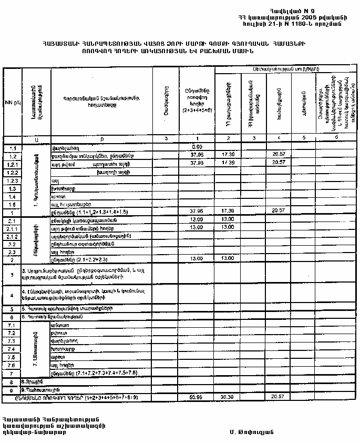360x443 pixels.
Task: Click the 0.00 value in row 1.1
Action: click(197, 147)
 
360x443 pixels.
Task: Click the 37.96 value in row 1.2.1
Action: click(197, 163)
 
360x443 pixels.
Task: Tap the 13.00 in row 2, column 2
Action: click(228, 259)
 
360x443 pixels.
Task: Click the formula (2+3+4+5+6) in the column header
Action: click(197, 110)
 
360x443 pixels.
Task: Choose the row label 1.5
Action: click(13, 204)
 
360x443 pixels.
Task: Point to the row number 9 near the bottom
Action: click(11, 390)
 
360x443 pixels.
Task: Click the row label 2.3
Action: click(13, 251)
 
